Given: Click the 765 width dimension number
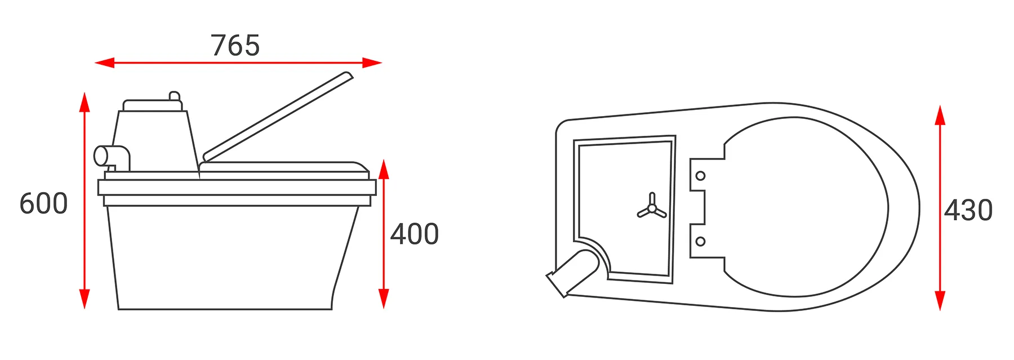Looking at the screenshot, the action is [235, 46].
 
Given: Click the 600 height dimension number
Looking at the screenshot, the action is [43, 203].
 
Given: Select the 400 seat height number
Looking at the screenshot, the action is [415, 234].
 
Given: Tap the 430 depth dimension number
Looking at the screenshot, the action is [968, 211].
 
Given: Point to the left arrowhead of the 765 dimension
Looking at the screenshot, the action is [105, 63].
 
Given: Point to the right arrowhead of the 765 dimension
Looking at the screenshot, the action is [372, 63].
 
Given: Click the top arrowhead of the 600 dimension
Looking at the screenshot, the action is [84, 102].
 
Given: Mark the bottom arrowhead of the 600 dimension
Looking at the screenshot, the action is [84, 299].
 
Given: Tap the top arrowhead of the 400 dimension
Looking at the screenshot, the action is [384, 169].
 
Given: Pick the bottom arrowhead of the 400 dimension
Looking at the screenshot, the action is [384, 299].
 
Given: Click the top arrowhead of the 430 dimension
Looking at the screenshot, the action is [940, 115].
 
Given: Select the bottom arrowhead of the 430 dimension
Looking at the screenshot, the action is [940, 301].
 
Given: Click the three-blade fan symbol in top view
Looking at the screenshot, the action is [652, 207].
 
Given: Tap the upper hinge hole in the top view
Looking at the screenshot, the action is [700, 176].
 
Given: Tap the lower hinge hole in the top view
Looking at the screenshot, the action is [700, 242].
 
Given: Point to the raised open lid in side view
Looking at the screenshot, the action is [278, 117].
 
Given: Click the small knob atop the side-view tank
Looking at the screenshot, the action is [175, 96].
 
